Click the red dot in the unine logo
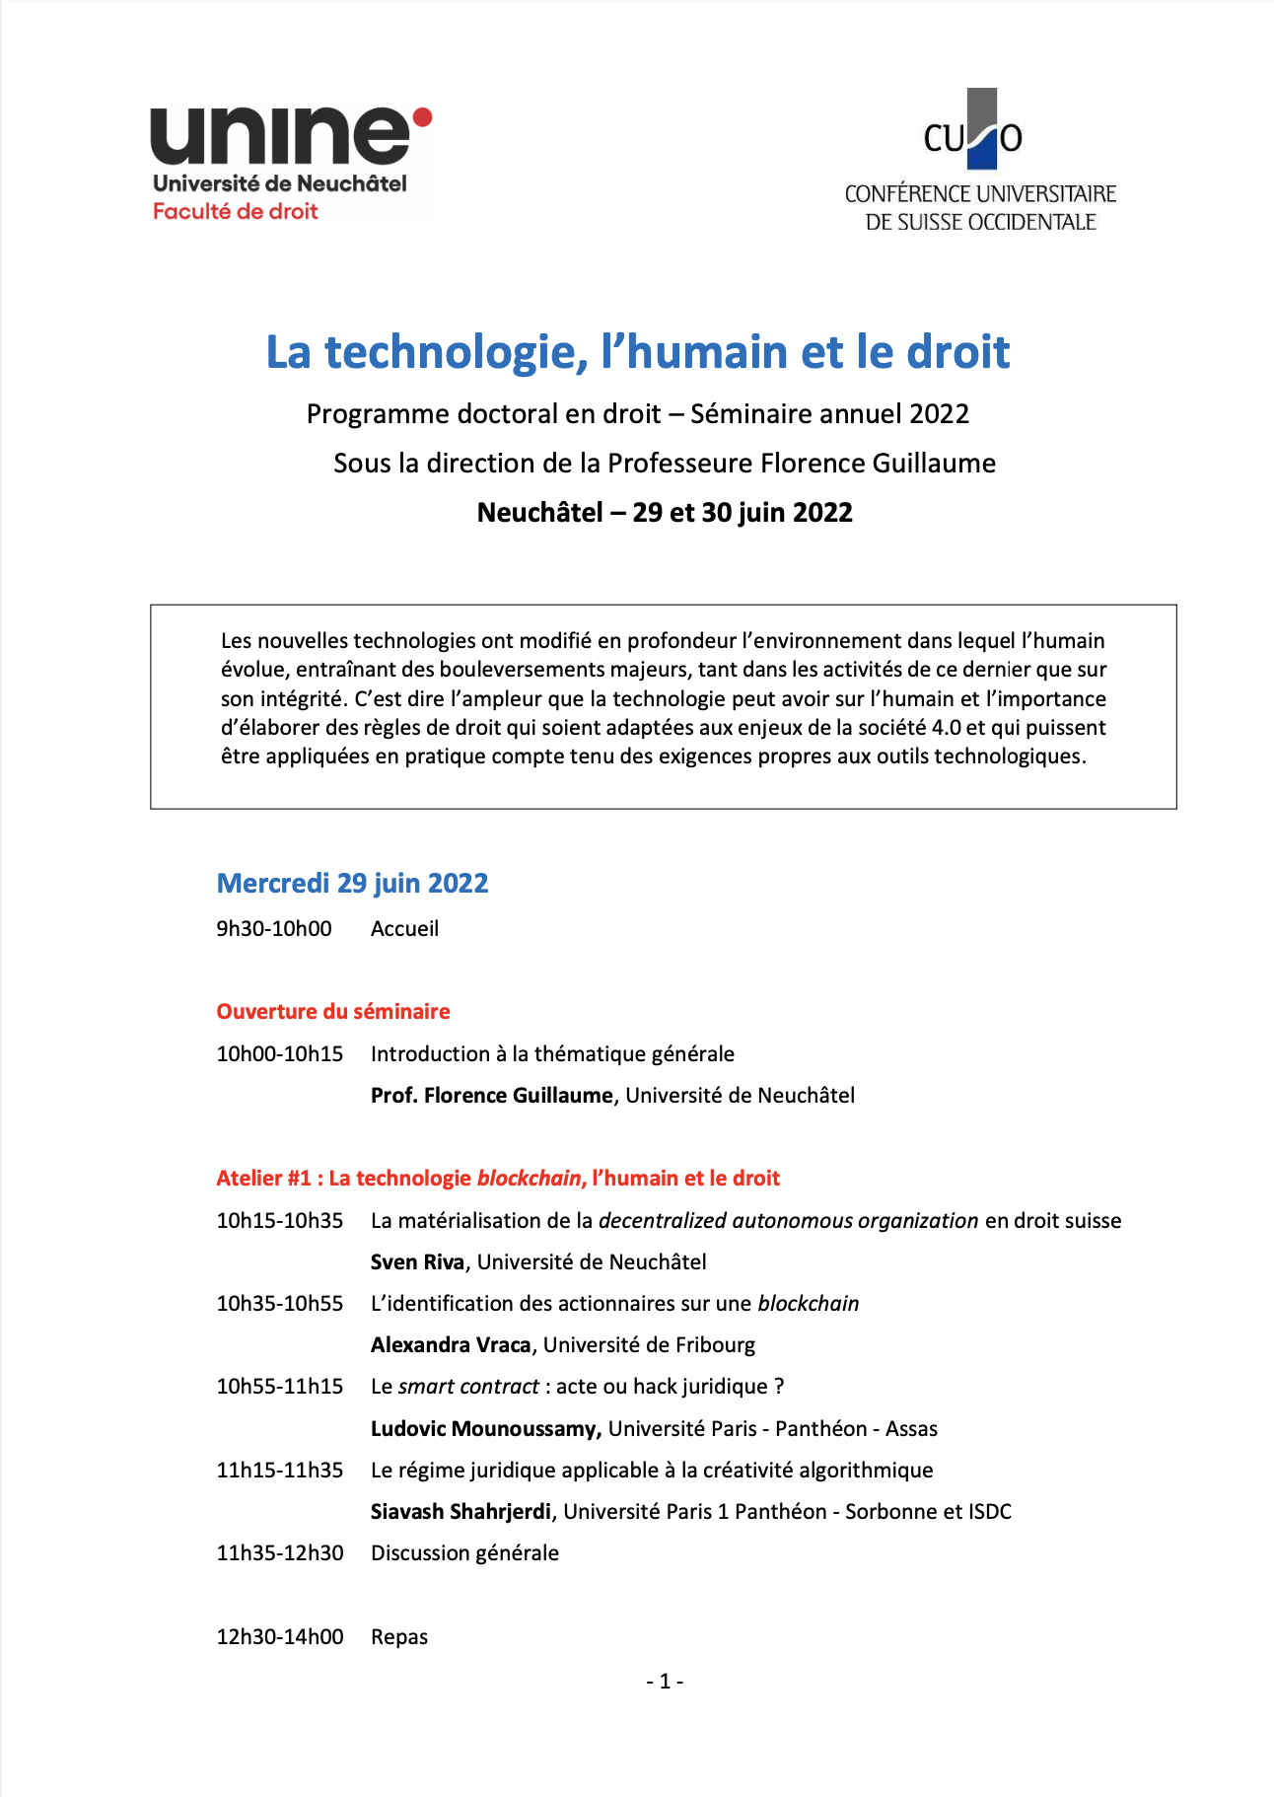422,118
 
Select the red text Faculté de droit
235,211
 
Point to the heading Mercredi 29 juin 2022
352,883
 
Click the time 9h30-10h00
274,928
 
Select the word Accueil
404,928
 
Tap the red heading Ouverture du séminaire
333,1011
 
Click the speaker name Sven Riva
417,1261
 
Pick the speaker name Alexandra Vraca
451,1344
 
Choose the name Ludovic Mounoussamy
485,1428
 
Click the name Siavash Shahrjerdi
460,1511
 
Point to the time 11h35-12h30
280,1552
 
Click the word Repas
399,1636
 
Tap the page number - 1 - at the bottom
665,1681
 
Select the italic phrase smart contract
468,1386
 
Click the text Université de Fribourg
649,1344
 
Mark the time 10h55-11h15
280,1386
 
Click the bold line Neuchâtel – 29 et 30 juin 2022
665,512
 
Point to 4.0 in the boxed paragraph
947,727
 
